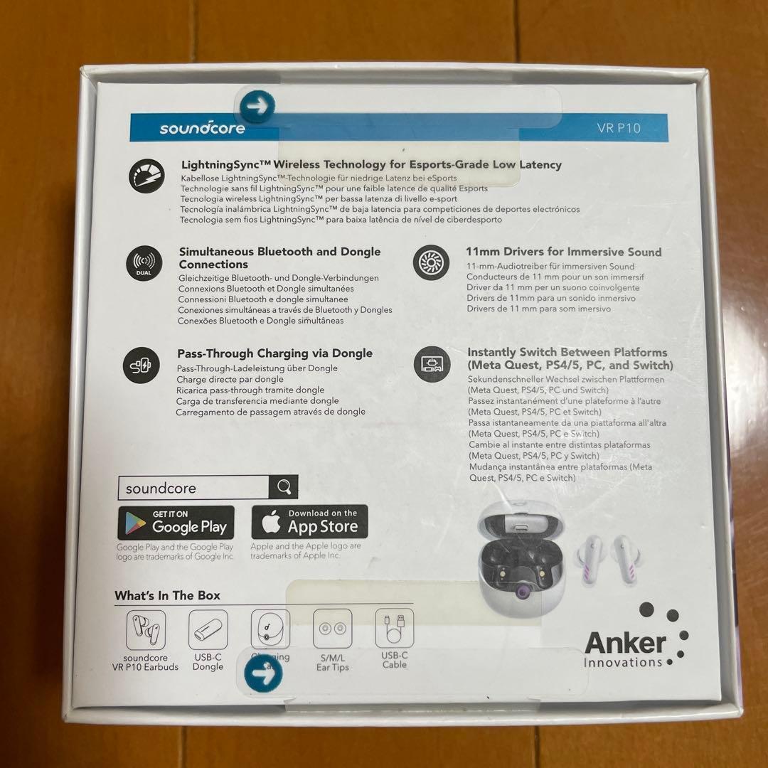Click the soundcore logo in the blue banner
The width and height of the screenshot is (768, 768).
[x=203, y=129]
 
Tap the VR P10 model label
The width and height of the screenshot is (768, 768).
[x=619, y=129]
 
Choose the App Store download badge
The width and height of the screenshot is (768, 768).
[x=309, y=522]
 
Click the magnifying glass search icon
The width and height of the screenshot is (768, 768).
[x=284, y=488]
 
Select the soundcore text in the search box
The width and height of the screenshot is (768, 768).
[x=161, y=489]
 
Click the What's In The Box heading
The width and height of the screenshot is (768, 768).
[x=168, y=595]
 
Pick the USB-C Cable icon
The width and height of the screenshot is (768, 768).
[x=395, y=629]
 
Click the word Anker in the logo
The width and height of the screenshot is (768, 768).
[x=624, y=644]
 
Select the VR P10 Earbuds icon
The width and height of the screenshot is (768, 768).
[x=146, y=629]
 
